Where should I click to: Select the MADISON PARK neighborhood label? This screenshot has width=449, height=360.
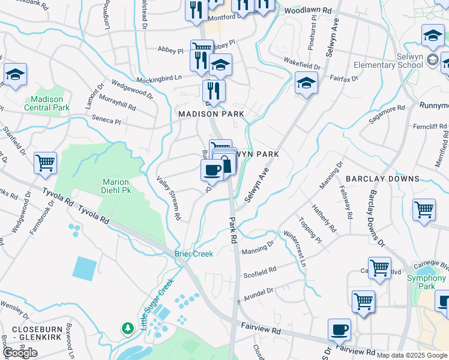tap(211, 113)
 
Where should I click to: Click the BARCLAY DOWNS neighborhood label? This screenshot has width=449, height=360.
tap(382, 179)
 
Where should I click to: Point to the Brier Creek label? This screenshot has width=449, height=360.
tap(194, 254)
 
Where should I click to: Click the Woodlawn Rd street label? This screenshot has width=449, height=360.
tap(308, 11)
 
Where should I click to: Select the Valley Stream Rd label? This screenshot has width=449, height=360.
tap(169, 197)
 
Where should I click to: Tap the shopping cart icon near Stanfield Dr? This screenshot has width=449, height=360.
tap(45, 162)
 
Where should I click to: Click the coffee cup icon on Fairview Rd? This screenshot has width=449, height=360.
tap(340, 329)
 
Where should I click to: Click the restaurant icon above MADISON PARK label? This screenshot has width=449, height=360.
tap(214, 90)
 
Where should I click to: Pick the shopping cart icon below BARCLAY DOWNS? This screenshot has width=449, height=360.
tap(424, 210)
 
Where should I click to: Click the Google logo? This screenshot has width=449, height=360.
tap(20, 353)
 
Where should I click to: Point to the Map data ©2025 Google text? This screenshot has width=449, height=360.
tap(412, 355)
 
